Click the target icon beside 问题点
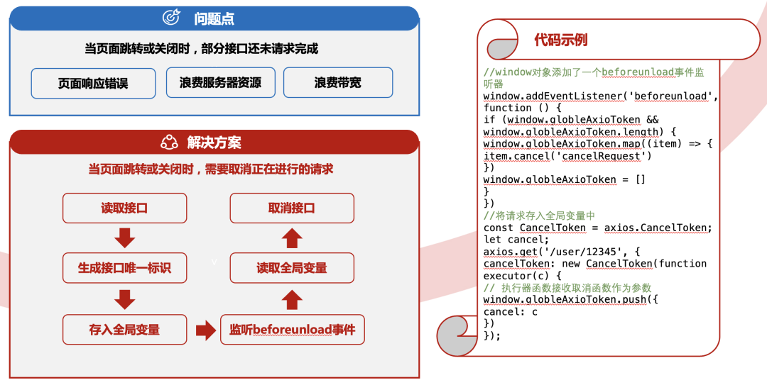click(x=172, y=18)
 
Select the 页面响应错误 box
click(x=93, y=83)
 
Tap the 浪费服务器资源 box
click(x=221, y=82)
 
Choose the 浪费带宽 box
click(x=338, y=82)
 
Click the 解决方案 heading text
click(x=214, y=143)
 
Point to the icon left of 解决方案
click(x=169, y=143)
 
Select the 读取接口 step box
click(x=124, y=208)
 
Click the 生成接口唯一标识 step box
click(x=124, y=269)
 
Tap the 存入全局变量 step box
click(x=124, y=330)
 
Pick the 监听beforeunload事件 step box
click(x=292, y=330)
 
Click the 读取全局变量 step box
click(x=292, y=268)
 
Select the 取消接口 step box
click(x=292, y=208)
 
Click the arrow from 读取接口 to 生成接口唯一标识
click(x=125, y=238)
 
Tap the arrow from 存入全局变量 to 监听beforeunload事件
click(x=205, y=330)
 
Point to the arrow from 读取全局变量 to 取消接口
click(x=292, y=238)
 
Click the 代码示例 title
click(x=561, y=40)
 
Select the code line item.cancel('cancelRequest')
click(x=567, y=156)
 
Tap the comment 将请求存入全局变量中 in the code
click(x=540, y=216)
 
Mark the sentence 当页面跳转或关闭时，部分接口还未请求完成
click(x=202, y=49)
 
